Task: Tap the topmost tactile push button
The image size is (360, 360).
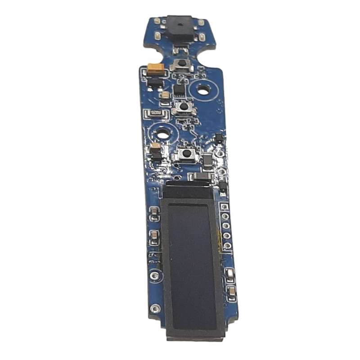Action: point(182,63)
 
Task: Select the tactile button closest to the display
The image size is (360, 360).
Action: point(185,154)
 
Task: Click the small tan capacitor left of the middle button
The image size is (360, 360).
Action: point(166,95)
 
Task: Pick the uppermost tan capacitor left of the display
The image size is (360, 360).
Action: point(154,211)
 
